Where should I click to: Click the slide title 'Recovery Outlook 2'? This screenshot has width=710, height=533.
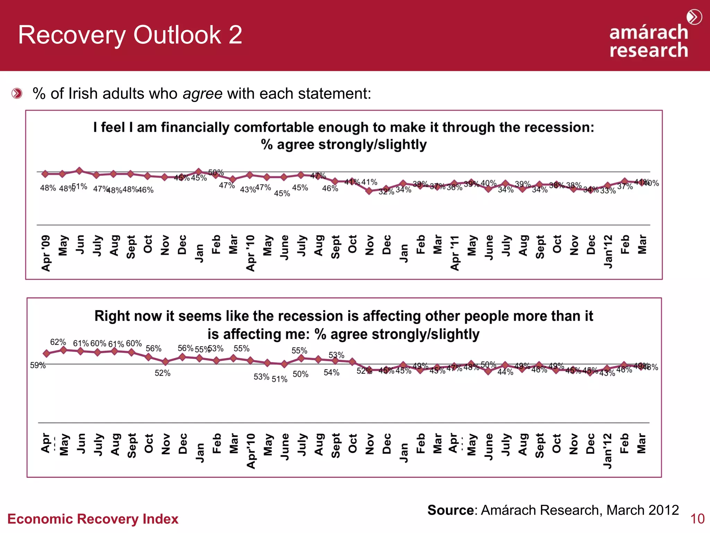tap(130, 35)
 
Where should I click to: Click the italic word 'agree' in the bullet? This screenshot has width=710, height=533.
tap(202, 94)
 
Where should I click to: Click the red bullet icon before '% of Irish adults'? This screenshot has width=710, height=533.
tap(17, 94)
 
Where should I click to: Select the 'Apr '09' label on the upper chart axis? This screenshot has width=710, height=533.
tap(46, 253)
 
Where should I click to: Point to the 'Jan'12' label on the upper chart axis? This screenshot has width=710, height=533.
tap(608, 252)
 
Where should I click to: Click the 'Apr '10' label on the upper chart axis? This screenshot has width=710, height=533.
tap(250, 253)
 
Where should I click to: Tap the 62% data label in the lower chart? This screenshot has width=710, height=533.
tap(58, 342)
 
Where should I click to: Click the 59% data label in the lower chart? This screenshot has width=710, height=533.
tap(38, 365)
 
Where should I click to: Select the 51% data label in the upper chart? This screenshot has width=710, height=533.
tap(80, 187)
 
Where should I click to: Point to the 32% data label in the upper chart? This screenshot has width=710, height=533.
tap(386, 192)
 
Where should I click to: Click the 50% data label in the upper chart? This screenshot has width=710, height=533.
tap(216, 172)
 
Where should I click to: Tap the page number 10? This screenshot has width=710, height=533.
tap(697, 519)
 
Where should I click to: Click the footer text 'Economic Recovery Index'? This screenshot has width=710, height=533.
tap(93, 519)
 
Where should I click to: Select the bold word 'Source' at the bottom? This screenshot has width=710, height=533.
tap(450, 510)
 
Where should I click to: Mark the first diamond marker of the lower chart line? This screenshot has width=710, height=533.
tap(46, 354)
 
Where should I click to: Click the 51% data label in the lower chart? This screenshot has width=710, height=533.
tap(279, 379)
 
